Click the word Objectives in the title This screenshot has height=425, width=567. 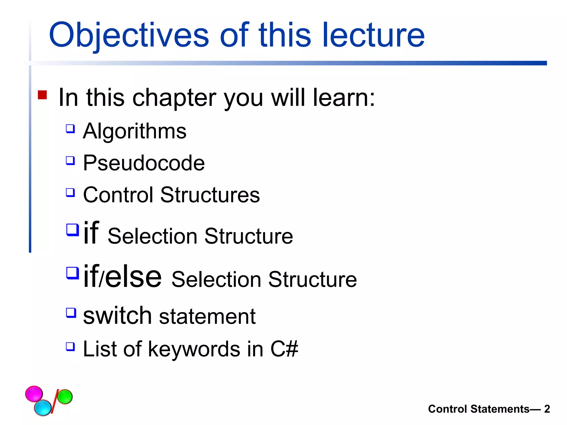[x=129, y=35]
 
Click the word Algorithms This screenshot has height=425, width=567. [x=135, y=131]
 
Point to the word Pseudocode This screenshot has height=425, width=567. [x=144, y=163]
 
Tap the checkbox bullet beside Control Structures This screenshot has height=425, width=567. [x=70, y=192]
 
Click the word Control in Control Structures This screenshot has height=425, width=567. [x=118, y=195]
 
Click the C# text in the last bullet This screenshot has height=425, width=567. [x=284, y=349]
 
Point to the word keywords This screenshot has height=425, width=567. [x=194, y=349]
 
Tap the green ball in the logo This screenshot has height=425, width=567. [x=65, y=397]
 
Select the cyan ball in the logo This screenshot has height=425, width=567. [x=43, y=408]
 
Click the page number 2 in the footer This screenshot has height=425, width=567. [x=547, y=409]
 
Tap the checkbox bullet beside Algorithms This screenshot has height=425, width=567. [x=70, y=129]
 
